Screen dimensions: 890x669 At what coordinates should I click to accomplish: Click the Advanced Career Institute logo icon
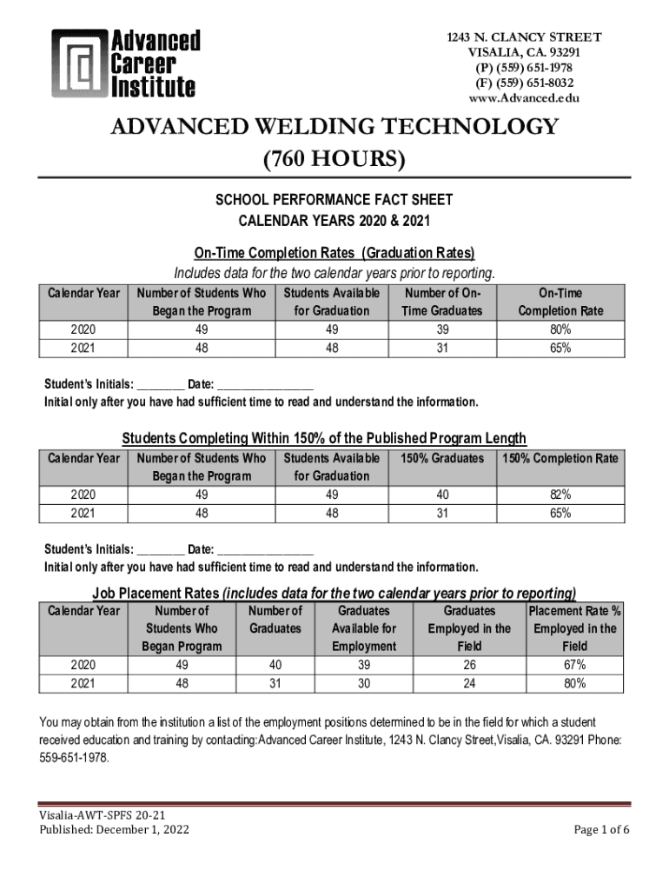pyautogui.click(x=79, y=63)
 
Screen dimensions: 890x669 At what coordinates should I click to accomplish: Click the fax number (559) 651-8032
pyautogui.click(x=523, y=83)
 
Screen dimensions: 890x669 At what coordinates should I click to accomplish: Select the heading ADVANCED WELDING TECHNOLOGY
pyautogui.click(x=334, y=127)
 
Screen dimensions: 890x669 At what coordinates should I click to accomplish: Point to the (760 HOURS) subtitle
pyautogui.click(x=334, y=159)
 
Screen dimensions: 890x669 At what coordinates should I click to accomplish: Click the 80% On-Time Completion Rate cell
pyautogui.click(x=560, y=329)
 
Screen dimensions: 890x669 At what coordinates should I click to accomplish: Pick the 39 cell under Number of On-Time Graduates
pyautogui.click(x=443, y=329)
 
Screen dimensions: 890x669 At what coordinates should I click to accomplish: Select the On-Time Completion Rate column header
pyautogui.click(x=560, y=302)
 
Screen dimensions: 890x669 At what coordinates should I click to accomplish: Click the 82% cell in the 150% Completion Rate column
pyautogui.click(x=560, y=495)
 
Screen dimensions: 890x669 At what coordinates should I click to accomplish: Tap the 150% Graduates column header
pyautogui.click(x=443, y=458)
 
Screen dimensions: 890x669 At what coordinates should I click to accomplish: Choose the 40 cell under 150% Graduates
pyautogui.click(x=443, y=495)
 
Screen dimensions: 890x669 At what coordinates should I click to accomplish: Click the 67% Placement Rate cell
pyautogui.click(x=574, y=665)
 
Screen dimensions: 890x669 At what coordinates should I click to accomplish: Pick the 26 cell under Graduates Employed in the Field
pyautogui.click(x=469, y=665)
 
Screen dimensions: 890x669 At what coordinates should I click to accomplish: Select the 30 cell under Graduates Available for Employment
pyautogui.click(x=363, y=683)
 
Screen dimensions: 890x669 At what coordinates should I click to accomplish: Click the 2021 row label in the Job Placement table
pyautogui.click(x=83, y=683)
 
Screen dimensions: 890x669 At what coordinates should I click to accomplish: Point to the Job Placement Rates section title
pyautogui.click(x=334, y=594)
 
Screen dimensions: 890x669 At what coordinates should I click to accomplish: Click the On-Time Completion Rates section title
pyautogui.click(x=334, y=253)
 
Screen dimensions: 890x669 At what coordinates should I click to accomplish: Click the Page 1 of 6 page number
pyautogui.click(x=602, y=829)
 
